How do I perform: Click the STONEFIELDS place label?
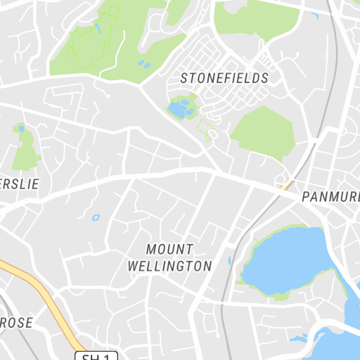click(x=224, y=78)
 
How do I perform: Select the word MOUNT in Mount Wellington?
click(x=169, y=249)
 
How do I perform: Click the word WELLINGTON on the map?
click(x=169, y=266)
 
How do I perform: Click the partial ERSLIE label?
click(x=17, y=184)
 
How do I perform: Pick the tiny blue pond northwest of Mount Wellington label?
click(x=96, y=217)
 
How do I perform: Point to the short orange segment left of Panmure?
click(x=285, y=184)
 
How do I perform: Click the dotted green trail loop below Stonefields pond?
click(x=205, y=130)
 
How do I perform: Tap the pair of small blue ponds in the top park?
click(x=143, y=65)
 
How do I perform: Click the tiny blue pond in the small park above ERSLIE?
click(x=20, y=129)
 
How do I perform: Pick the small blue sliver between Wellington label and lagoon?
click(x=229, y=262)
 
